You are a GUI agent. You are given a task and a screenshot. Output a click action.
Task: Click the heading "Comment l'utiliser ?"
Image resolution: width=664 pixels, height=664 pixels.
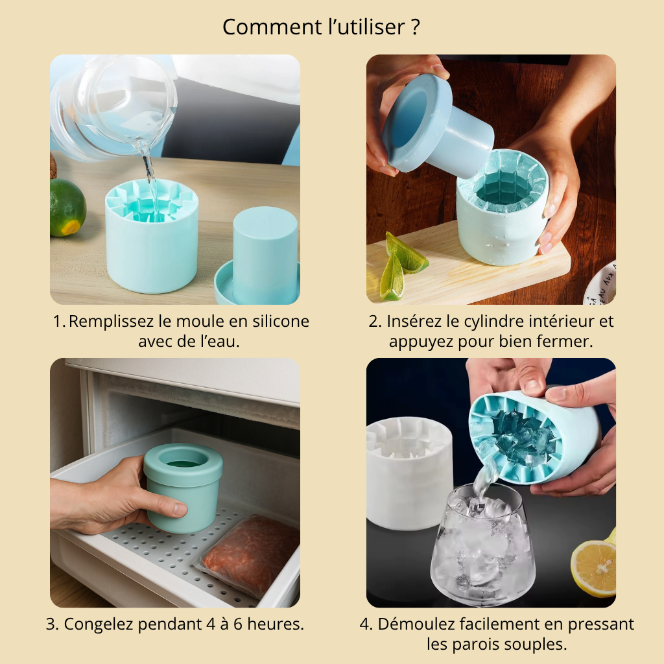pos(321,27)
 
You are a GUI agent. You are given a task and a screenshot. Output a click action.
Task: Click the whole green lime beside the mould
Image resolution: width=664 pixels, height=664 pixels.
pos(67,207)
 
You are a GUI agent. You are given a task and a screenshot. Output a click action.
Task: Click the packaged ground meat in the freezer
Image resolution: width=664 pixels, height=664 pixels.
pos(250,554)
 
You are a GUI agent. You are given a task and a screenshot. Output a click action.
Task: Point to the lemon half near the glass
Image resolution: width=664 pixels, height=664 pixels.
pos(594,567)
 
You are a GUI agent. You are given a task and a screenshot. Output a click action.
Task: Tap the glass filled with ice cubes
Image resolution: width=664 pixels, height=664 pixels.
pos(482,545)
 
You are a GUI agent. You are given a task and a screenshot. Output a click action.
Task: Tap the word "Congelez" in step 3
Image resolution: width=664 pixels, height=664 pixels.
pos(96,624)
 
